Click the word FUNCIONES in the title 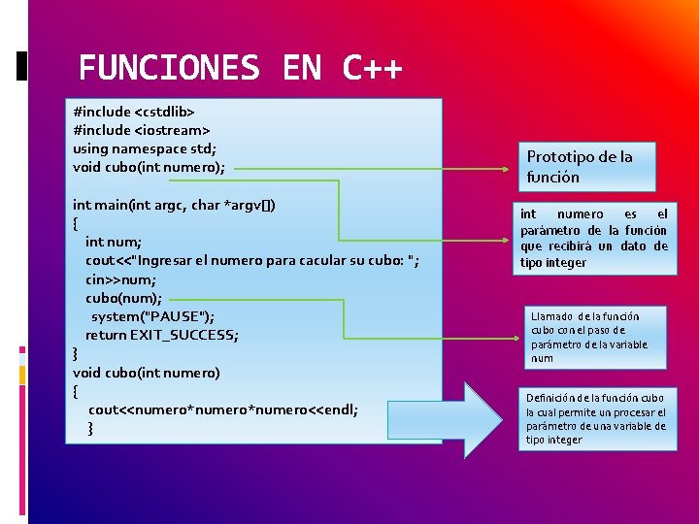[x=169, y=68]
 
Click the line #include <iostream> [x=142, y=130]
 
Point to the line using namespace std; [x=145, y=148]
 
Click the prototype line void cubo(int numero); [x=149, y=167]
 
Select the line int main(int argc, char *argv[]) [x=174, y=205]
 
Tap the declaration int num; [x=114, y=242]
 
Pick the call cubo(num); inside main [x=124, y=298]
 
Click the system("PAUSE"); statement [x=153, y=316]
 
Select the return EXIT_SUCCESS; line [x=162, y=335]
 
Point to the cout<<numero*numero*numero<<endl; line [x=223, y=409]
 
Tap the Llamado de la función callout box [x=597, y=337]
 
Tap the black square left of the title [x=23, y=66]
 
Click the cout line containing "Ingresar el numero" [x=252, y=260]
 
